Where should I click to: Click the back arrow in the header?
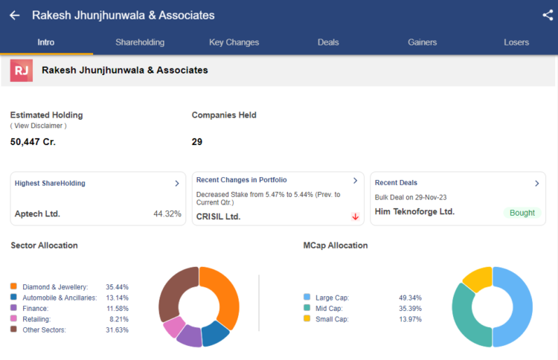coord(15,15)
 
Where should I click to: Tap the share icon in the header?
coord(548,15)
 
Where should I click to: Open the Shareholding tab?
coord(140,42)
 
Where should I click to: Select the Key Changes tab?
coord(234,42)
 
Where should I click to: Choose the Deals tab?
coord(328,42)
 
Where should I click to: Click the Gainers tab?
coord(423,42)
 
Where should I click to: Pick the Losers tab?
coord(516,42)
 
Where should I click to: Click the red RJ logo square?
coord(21,71)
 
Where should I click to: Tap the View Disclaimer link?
coord(38,126)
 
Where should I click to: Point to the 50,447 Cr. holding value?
coord(33,141)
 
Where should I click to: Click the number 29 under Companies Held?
coord(197,141)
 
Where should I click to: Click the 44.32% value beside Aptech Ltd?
coord(167,213)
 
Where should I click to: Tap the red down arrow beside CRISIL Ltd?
coord(356,216)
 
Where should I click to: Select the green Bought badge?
coord(522,213)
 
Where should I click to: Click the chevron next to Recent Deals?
coord(536,183)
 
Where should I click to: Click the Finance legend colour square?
coord(13,308)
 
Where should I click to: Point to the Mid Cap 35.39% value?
coord(411,308)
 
